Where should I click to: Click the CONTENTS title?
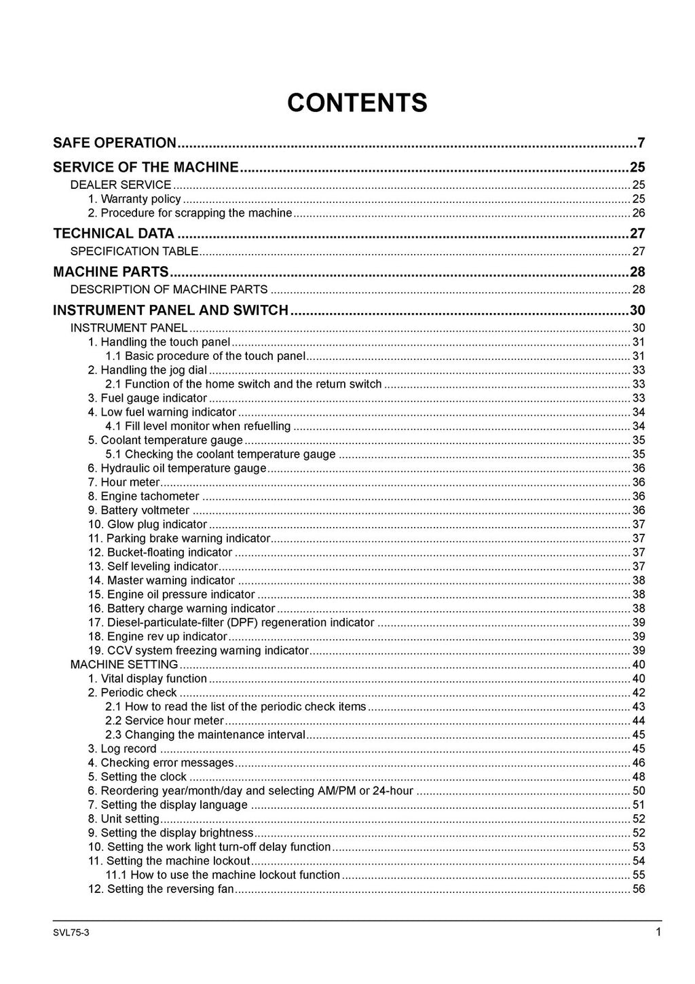[357, 103]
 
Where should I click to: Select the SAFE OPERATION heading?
[115, 143]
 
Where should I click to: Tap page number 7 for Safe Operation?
[641, 143]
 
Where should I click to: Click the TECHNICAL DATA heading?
[113, 234]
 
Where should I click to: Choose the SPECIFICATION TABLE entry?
[134, 251]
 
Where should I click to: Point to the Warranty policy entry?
[134, 199]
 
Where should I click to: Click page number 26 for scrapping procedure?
[638, 213]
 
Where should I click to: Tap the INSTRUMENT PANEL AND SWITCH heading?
[171, 310]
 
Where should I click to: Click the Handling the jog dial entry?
[147, 370]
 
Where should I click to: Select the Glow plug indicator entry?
[147, 524]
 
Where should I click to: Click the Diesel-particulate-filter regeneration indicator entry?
[231, 623]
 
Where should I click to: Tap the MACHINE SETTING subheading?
[124, 664]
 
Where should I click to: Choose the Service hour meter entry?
[164, 721]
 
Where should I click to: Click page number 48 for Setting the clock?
[638, 777]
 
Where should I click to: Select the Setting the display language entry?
[168, 805]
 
